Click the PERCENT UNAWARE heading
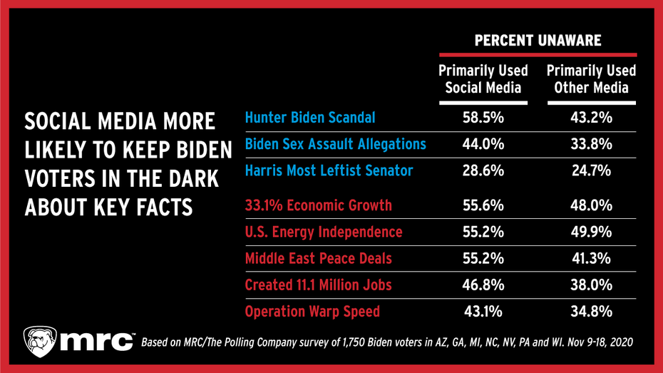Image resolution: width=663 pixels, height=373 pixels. [x=538, y=41]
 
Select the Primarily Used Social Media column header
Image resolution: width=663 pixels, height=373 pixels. [x=483, y=80]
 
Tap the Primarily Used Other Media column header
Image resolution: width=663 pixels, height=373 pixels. [x=591, y=80]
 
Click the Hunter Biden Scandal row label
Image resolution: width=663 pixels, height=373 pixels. [x=309, y=118]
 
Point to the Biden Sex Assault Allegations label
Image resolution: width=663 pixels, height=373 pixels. [x=335, y=144]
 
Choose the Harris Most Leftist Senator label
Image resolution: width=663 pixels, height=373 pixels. [x=329, y=170]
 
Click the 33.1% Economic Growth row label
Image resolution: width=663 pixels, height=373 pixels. [x=318, y=206]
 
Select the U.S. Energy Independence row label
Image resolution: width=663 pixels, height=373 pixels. [x=324, y=233]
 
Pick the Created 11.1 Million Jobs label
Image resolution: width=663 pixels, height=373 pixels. [x=318, y=285]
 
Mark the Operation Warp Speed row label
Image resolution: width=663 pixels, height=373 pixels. [x=312, y=312]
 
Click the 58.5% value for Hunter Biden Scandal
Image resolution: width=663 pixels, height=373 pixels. [x=483, y=118]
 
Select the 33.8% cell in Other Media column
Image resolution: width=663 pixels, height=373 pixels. [x=591, y=144]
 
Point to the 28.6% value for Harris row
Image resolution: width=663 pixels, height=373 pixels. [x=483, y=170]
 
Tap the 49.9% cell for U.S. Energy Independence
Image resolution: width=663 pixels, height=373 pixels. [x=591, y=233]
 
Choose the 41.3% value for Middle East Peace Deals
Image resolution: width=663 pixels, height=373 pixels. [x=591, y=259]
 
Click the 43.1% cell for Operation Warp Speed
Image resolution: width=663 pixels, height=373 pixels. [x=483, y=312]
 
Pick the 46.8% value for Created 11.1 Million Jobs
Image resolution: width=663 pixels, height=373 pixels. [x=483, y=285]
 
